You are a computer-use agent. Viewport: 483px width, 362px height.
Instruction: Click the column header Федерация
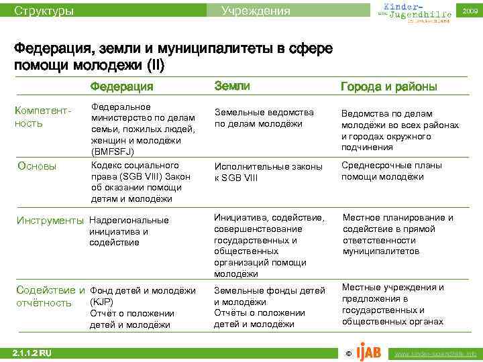(x=121, y=86)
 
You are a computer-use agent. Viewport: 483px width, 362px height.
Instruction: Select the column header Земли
(x=232, y=86)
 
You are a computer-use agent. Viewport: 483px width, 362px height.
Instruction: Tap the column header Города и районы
(x=389, y=87)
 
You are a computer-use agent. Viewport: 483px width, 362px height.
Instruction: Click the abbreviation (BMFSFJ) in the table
(x=115, y=153)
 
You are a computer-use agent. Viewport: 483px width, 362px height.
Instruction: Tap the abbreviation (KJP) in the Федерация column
(x=102, y=302)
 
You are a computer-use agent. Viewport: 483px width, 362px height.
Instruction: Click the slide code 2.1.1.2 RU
(x=32, y=353)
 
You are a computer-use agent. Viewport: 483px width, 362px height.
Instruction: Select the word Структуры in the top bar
(x=44, y=11)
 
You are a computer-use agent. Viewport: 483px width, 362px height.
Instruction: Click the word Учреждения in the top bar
(x=256, y=11)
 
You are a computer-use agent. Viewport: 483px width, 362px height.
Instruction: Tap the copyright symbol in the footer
(x=347, y=353)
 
